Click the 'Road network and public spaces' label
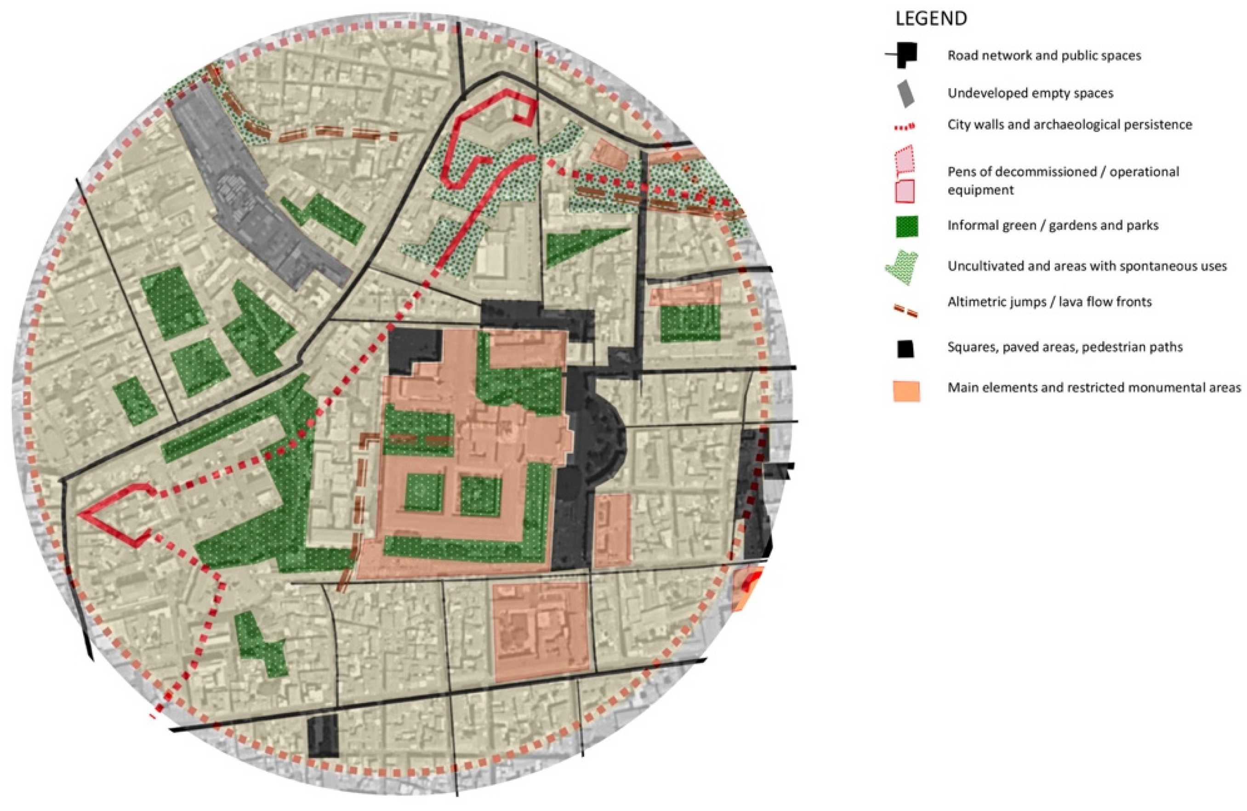coord(1044,56)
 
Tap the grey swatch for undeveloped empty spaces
coord(905,94)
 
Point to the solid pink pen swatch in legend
coord(905,191)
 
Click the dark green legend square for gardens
coord(906,226)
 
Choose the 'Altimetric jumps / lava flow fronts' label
coord(1049,302)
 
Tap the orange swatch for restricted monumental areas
coord(906,391)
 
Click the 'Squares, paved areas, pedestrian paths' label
coord(1065,347)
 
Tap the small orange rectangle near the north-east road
coord(609,154)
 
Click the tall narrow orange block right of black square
coord(612,530)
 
